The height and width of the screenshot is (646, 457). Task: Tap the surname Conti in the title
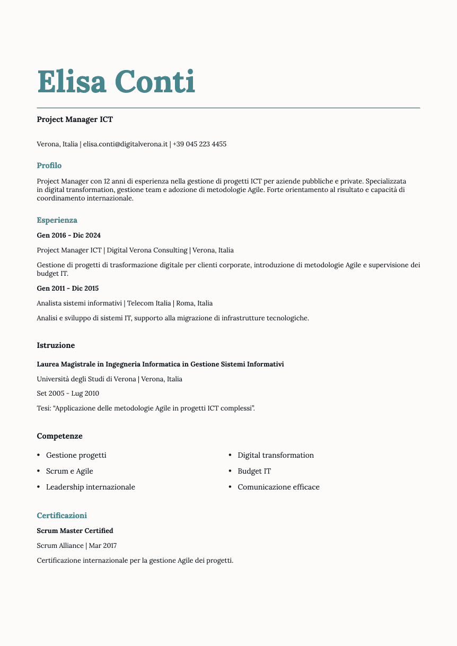pyautogui.click(x=155, y=82)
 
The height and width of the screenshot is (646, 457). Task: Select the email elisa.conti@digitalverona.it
pyautogui.click(x=125, y=144)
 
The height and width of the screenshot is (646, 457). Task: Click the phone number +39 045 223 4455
pyautogui.click(x=199, y=144)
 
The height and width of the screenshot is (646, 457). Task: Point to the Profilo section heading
pyautogui.click(x=49, y=166)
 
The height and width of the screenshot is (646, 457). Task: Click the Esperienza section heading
pyautogui.click(x=57, y=220)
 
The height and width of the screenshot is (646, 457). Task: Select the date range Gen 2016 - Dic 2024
pyautogui.click(x=68, y=235)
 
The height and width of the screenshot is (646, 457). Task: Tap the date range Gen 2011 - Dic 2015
pyautogui.click(x=68, y=289)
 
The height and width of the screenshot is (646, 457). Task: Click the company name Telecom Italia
pyautogui.click(x=149, y=303)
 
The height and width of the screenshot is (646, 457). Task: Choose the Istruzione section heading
pyautogui.click(x=56, y=345)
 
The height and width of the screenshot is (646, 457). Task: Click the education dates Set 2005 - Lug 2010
pyautogui.click(x=68, y=394)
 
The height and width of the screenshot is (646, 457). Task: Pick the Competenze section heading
pyautogui.click(x=59, y=436)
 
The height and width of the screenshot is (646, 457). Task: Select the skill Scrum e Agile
pyautogui.click(x=69, y=471)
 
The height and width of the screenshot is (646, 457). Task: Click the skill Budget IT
pyautogui.click(x=254, y=471)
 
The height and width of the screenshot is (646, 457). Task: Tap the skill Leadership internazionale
pyautogui.click(x=91, y=487)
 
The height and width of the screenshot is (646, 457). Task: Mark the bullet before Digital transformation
pyautogui.click(x=230, y=455)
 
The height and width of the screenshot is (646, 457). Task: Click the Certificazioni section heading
pyautogui.click(x=61, y=516)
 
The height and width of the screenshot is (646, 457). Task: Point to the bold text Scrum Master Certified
pyautogui.click(x=75, y=531)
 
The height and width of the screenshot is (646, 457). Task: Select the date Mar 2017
pyautogui.click(x=103, y=546)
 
